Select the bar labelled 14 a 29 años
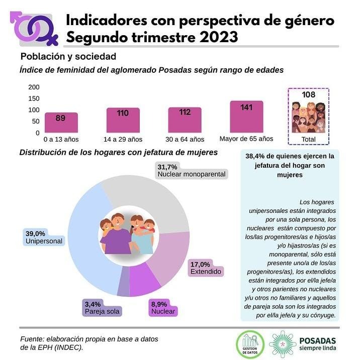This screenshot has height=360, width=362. (x=123, y=121)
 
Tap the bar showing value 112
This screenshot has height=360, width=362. (x=185, y=121)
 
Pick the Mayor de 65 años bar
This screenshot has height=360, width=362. (x=246, y=117)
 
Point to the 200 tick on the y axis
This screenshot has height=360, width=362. (x=34, y=87)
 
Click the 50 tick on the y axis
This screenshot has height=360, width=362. (x=36, y=122)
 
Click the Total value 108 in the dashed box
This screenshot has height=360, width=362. (x=308, y=94)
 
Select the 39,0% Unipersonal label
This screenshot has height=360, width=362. (x=44, y=237)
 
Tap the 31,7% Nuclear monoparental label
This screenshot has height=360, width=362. (x=192, y=171)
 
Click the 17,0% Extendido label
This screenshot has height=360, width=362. (x=206, y=268)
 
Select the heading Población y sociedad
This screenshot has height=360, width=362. (x=68, y=56)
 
